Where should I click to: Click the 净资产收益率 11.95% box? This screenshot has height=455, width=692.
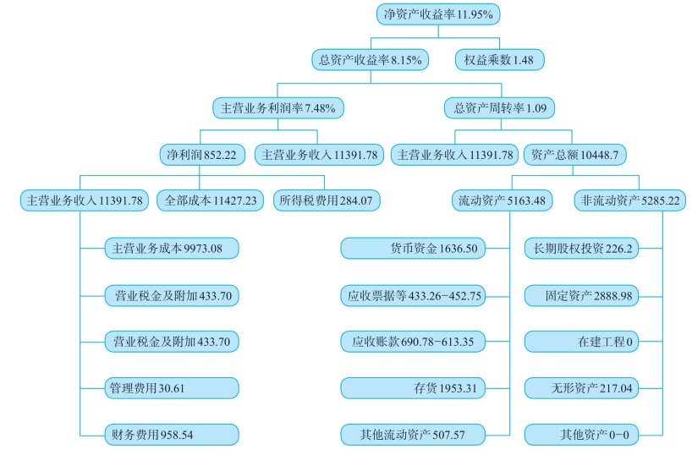click(x=438, y=14)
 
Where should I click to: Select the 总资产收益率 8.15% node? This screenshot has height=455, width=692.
click(x=371, y=60)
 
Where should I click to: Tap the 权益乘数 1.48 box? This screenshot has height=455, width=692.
click(x=498, y=60)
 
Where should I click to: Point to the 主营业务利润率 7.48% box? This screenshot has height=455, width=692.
click(x=277, y=107)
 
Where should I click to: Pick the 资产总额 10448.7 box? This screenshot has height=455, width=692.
click(x=575, y=155)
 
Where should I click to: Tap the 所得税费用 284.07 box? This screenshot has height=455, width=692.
click(x=326, y=201)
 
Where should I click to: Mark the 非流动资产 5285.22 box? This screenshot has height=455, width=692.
click(x=629, y=201)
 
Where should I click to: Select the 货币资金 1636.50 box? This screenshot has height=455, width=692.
click(x=413, y=249)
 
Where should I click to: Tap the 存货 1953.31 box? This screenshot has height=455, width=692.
click(x=413, y=388)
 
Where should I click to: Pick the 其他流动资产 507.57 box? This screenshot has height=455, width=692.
click(x=413, y=435)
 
